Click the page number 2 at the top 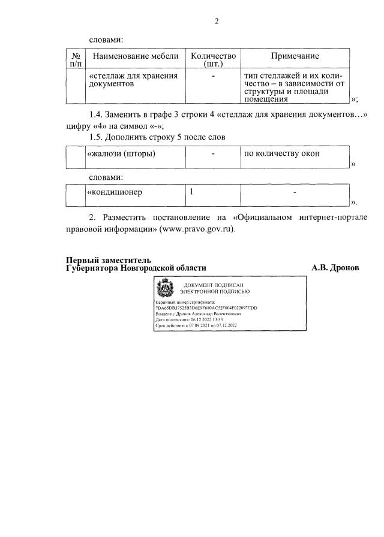tap(217, 22)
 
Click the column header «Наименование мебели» tap(135, 56)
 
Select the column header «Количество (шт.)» tap(213, 60)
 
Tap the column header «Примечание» tap(295, 56)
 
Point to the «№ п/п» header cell tap(76, 60)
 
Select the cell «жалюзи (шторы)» tap(122, 154)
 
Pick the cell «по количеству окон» tap(281, 154)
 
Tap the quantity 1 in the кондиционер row tap(191, 192)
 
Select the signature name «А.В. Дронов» tap(335, 268)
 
